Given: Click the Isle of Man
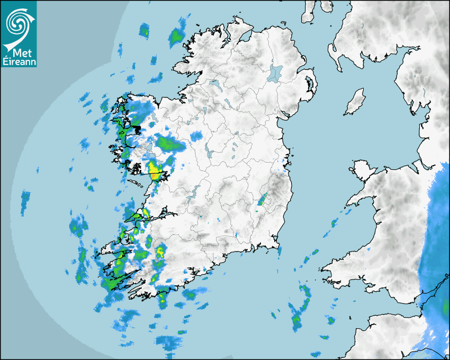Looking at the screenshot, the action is [355, 102].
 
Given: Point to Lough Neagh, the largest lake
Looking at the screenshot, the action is [275, 73].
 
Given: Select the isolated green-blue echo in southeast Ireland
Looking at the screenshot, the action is [262, 200].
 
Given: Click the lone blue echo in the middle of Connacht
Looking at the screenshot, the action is [196, 136].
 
